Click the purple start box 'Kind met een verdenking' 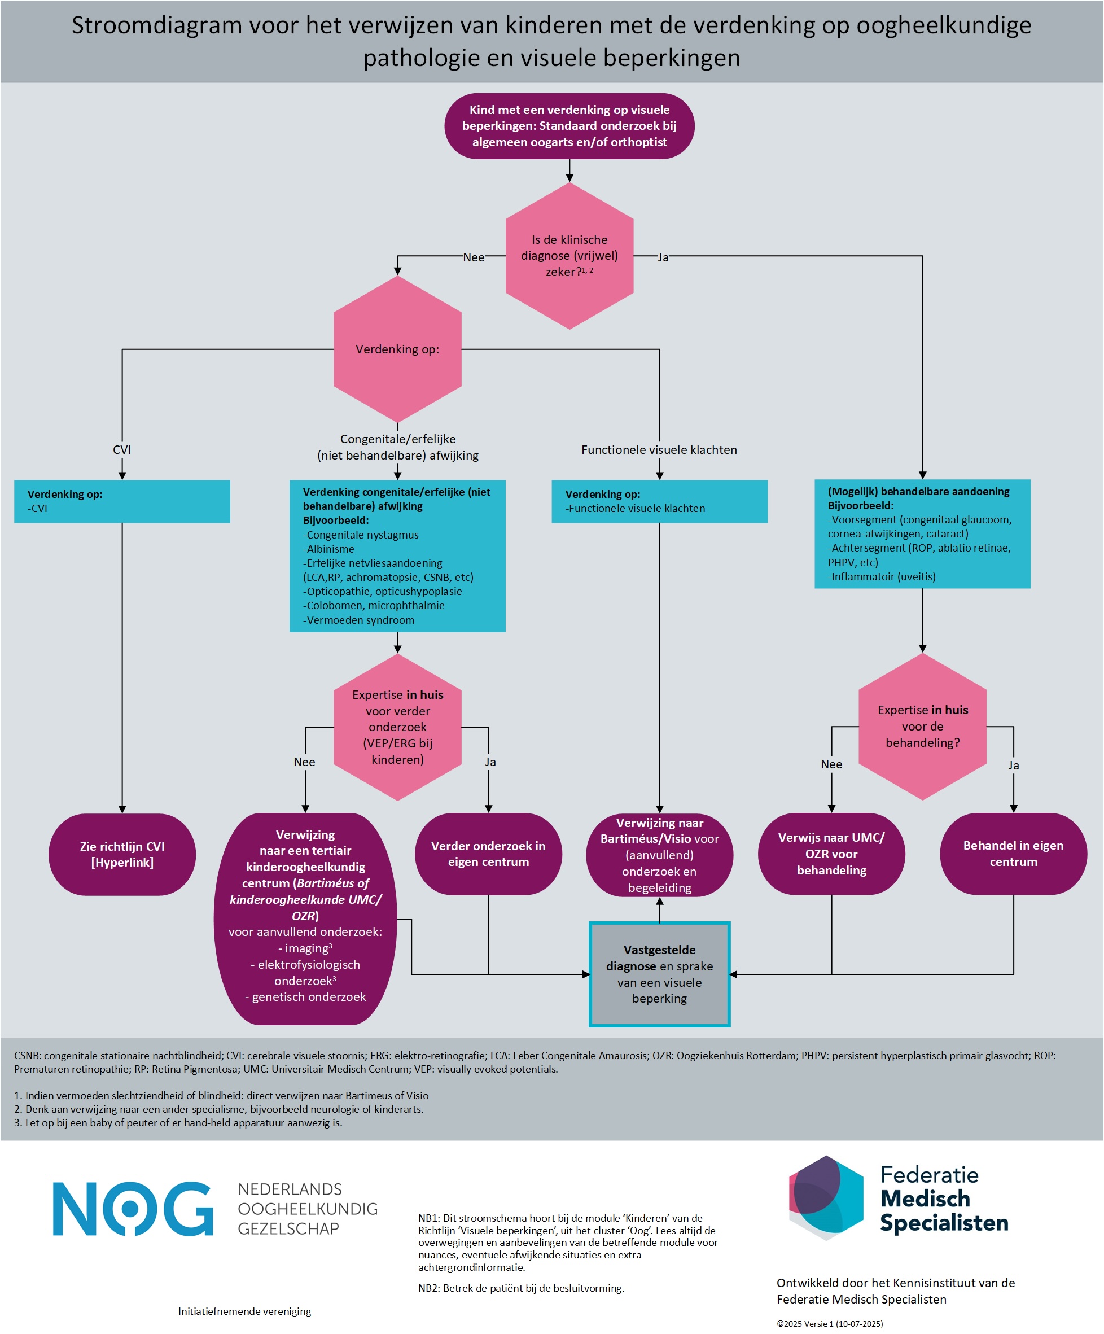(x=569, y=126)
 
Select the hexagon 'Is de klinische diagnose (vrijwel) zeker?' (x=569, y=255)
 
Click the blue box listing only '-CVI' (x=122, y=501)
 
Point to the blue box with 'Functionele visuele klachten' (x=659, y=501)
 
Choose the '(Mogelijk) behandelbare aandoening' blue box (x=922, y=533)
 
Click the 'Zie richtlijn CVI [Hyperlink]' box (x=122, y=854)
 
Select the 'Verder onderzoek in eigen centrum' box (x=488, y=854)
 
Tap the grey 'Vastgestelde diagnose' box (x=659, y=974)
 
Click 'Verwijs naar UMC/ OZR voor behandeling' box (x=831, y=854)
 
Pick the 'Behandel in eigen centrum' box (x=1013, y=854)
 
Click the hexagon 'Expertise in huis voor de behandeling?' (x=922, y=726)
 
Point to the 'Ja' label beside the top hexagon (x=663, y=257)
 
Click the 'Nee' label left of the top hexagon (x=473, y=257)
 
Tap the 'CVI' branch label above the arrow (x=121, y=450)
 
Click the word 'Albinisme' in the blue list (x=330, y=549)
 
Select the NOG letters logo (x=132, y=1209)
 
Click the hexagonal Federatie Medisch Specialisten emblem (x=826, y=1198)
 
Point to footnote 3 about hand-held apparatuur (x=178, y=1122)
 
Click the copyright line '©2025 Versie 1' (x=830, y=1324)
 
